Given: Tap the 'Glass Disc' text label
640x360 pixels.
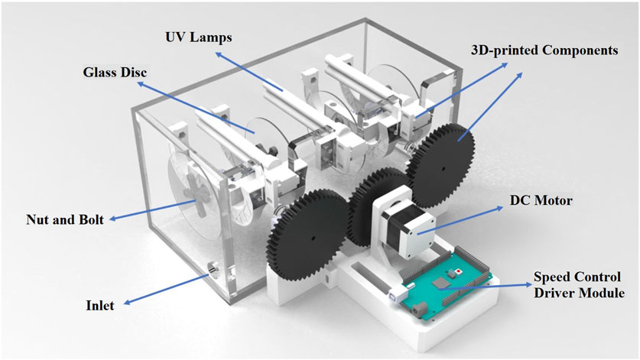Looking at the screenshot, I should coord(115,73).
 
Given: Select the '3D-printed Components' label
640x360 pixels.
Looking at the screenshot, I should coord(544,50).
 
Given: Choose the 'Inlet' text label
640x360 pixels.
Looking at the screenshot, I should coord(100,306).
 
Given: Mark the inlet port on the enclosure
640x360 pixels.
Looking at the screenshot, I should coord(212,269).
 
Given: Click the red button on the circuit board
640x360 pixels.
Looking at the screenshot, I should coord(458,271).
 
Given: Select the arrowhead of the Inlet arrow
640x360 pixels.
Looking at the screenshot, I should coord(205,273).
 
